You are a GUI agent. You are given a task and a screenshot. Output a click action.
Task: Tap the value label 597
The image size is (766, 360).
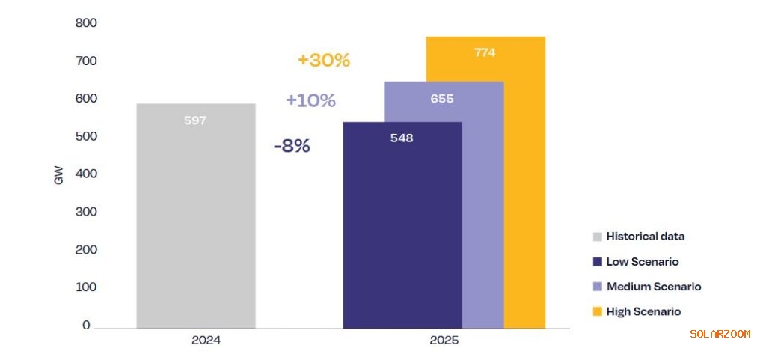(195, 120)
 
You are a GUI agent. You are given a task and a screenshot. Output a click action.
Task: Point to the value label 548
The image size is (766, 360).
(402, 138)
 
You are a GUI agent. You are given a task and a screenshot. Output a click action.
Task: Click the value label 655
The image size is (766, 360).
(442, 98)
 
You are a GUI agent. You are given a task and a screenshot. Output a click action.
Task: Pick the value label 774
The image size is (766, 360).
(485, 52)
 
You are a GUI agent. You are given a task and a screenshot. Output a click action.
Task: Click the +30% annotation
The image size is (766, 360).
(324, 61)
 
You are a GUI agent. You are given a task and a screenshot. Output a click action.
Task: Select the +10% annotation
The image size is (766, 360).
(311, 100)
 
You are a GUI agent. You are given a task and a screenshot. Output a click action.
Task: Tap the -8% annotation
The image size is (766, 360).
(292, 146)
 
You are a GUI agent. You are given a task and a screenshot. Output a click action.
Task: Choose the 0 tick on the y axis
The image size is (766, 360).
(86, 325)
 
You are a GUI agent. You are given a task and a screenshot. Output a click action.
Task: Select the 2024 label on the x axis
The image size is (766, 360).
(206, 340)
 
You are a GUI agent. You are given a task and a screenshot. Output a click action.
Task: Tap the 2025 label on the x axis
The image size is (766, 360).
(444, 340)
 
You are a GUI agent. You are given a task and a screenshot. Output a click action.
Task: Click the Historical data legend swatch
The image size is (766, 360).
(597, 237)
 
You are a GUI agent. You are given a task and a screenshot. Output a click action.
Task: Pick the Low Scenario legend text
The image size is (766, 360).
(643, 262)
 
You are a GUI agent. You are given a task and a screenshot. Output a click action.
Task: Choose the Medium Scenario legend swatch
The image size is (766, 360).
(597, 287)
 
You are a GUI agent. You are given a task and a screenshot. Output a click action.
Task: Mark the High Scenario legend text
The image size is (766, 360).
(643, 311)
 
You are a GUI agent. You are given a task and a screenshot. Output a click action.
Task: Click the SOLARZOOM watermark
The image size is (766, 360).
(720, 334)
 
